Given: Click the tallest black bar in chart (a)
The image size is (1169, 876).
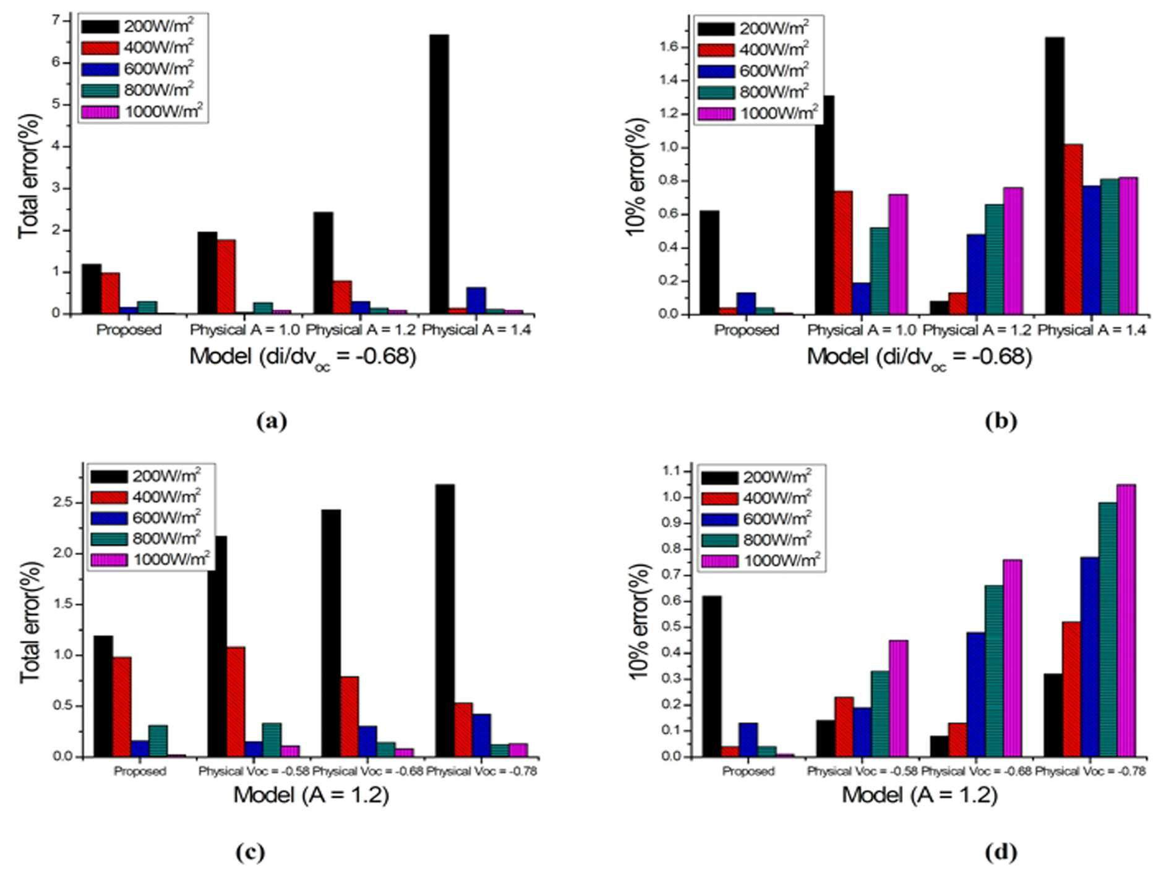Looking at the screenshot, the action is point(439,174).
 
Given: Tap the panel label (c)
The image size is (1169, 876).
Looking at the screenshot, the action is point(250,853).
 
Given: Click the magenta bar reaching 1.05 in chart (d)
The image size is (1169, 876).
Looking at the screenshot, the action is point(1126,621).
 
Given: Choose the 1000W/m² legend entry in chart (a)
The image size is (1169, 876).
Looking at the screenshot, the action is point(142,112).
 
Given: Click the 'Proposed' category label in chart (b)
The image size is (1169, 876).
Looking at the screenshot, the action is point(747,330).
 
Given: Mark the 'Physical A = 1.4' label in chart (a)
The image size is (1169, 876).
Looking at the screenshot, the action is point(476,330).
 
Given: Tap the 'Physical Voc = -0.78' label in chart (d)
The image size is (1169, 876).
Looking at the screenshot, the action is point(1090,771).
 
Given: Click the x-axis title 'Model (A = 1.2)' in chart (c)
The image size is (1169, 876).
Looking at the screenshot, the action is point(311,794).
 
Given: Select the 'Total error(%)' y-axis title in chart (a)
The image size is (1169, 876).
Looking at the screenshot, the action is point(28,176).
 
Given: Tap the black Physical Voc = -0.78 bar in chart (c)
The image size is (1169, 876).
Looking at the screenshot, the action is point(445,621).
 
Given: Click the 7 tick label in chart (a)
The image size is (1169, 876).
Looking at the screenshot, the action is point(57,20).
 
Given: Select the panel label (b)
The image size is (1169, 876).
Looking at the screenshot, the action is point(1001,421).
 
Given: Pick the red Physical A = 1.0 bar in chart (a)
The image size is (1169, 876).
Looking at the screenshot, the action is point(226,277).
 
